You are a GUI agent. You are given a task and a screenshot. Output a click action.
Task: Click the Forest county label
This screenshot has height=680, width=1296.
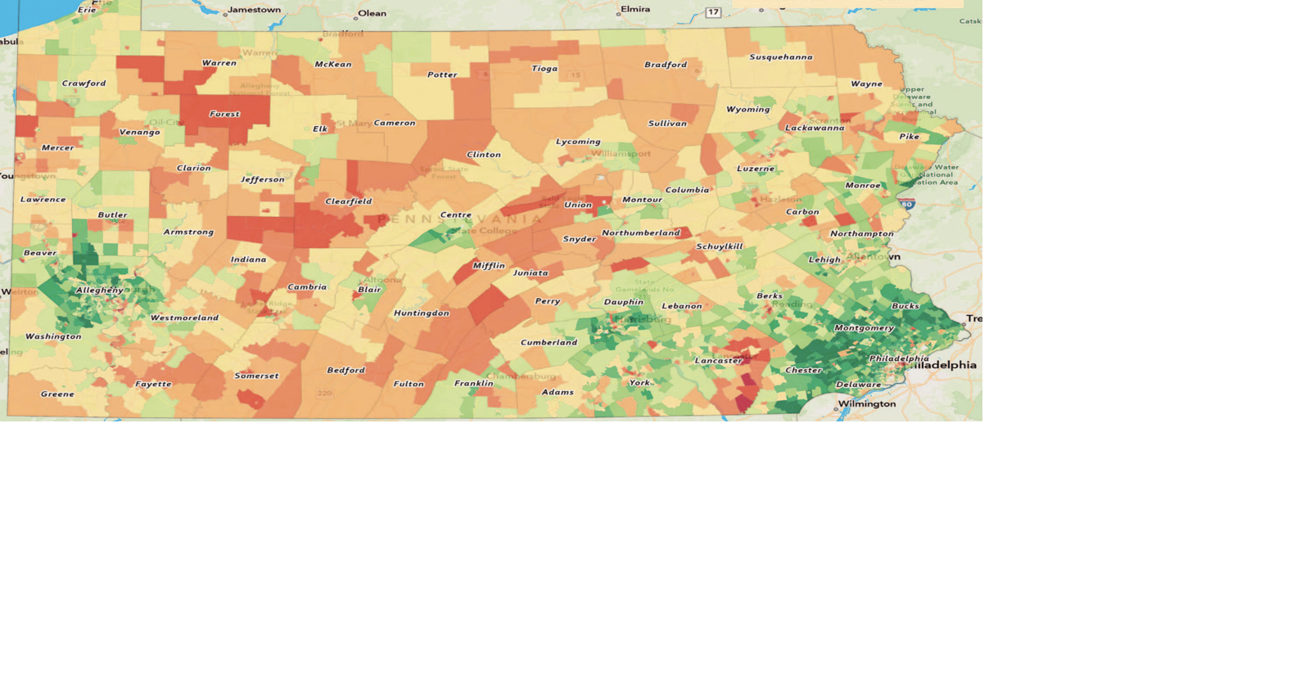(x=224, y=115)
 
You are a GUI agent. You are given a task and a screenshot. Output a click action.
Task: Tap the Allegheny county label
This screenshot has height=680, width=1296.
(x=100, y=290)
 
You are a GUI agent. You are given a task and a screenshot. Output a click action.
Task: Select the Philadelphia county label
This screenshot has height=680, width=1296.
(x=899, y=358)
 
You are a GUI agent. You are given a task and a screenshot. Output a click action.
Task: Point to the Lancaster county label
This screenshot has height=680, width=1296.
(x=719, y=361)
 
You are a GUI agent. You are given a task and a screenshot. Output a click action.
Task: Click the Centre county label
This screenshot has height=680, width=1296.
(x=456, y=215)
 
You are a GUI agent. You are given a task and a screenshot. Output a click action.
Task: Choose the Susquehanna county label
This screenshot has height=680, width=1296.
(x=781, y=57)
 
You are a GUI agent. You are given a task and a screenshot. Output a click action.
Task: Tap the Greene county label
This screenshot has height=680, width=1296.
(x=57, y=394)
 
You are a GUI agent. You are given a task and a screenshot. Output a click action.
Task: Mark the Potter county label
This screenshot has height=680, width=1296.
(x=442, y=75)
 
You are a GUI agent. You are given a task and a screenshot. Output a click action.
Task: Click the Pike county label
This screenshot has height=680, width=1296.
(x=909, y=137)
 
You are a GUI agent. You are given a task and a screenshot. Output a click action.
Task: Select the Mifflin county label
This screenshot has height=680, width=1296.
(x=489, y=266)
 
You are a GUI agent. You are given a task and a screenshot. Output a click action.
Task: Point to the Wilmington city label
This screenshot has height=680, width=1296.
(x=867, y=404)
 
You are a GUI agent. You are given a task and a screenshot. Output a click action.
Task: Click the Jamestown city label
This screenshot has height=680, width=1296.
(x=254, y=10)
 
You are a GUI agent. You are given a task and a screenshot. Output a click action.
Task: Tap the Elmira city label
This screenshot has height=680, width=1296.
(x=635, y=10)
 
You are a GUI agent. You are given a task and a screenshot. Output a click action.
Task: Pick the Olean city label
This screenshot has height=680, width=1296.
(x=372, y=13)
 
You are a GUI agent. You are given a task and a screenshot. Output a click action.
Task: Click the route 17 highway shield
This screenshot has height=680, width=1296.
(x=713, y=12)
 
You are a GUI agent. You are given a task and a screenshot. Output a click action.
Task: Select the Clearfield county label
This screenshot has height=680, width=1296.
(x=349, y=201)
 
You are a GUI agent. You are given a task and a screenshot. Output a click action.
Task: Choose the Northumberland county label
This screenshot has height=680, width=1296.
(x=641, y=233)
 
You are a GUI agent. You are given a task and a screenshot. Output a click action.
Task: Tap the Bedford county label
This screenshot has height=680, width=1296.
(x=346, y=371)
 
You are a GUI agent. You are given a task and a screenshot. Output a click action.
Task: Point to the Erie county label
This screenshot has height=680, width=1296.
(x=87, y=10)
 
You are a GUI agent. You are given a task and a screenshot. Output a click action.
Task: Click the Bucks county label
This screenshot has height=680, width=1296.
(x=905, y=306)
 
